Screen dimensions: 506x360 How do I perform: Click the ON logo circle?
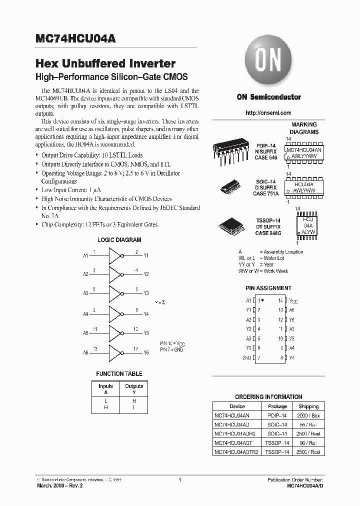pyautogui.click(x=268, y=61)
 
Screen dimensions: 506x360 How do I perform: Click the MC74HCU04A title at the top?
pyautogui.click(x=75, y=39)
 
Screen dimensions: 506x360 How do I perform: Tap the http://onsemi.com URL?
pyautogui.click(x=268, y=113)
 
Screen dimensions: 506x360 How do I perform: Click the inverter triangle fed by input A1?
pyautogui.click(x=115, y=255)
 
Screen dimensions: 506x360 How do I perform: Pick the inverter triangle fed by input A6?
pyautogui.click(x=115, y=352)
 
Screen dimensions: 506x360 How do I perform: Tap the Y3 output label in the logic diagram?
pyautogui.click(x=146, y=293)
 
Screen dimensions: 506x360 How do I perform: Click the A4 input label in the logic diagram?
pyautogui.click(x=85, y=314)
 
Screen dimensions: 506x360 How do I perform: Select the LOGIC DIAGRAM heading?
pyautogui.click(x=119, y=240)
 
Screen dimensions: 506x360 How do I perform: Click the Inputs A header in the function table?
pyautogui.click(x=105, y=389)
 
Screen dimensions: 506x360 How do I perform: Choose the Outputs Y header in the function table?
pyautogui.click(x=133, y=389)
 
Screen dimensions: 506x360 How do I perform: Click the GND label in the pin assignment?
pyautogui.click(x=246, y=358)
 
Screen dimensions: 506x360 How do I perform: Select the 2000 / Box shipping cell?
pyautogui.click(x=308, y=415)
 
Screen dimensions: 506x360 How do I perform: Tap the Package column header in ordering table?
pyautogui.click(x=277, y=406)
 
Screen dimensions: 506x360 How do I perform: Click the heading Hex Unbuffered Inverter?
pyautogui.click(x=105, y=64)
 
